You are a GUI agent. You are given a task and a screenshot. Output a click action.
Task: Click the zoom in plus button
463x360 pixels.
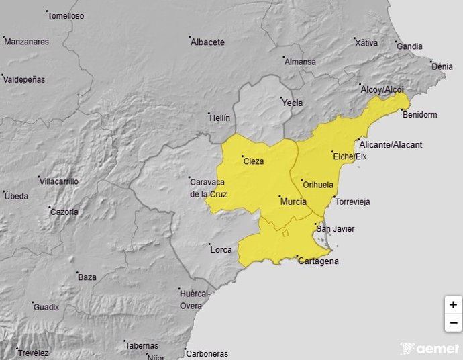[454, 304]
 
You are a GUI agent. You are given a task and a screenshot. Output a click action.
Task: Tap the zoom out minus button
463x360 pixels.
[454, 322]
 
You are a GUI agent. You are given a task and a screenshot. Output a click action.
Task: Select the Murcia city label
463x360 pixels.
[293, 201]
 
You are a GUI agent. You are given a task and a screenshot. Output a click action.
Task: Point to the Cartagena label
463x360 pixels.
[318, 261]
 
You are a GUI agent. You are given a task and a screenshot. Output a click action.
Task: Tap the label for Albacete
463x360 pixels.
[207, 42]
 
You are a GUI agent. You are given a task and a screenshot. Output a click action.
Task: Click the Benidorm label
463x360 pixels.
[419, 115]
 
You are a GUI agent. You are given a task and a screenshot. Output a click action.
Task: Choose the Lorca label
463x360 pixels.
[221, 250]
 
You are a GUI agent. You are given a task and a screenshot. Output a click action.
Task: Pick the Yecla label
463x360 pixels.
[292, 103]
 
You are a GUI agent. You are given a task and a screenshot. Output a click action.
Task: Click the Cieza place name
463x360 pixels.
[253, 161]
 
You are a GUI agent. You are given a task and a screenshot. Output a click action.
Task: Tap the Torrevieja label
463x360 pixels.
[352, 201]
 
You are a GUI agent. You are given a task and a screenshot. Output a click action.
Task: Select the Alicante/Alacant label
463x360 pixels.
[391, 145]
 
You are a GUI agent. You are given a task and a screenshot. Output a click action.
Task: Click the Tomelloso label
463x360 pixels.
[66, 16]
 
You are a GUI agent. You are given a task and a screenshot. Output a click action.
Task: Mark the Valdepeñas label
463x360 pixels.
[24, 79]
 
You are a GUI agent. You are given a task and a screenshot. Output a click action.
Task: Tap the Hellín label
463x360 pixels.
[219, 118]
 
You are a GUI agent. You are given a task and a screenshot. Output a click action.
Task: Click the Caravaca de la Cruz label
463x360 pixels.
[208, 188]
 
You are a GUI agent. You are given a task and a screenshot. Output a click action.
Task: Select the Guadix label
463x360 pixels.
[46, 307]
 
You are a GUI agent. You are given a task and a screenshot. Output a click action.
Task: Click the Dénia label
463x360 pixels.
[442, 67]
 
